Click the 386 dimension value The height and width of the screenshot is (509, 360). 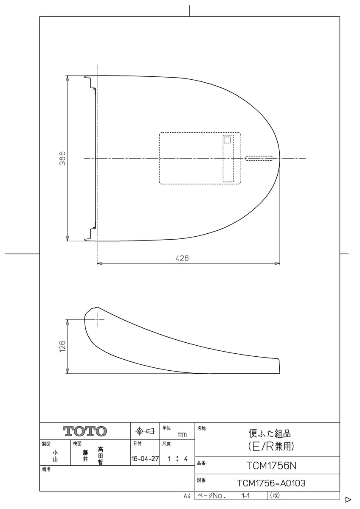(62, 158)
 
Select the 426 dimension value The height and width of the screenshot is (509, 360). (182, 258)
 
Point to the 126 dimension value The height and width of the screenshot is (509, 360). (62, 346)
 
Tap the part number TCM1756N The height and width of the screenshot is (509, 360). (271, 466)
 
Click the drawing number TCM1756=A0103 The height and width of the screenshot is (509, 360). (271, 483)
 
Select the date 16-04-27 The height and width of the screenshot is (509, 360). (145, 459)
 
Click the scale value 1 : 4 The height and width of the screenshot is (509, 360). (177, 459)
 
